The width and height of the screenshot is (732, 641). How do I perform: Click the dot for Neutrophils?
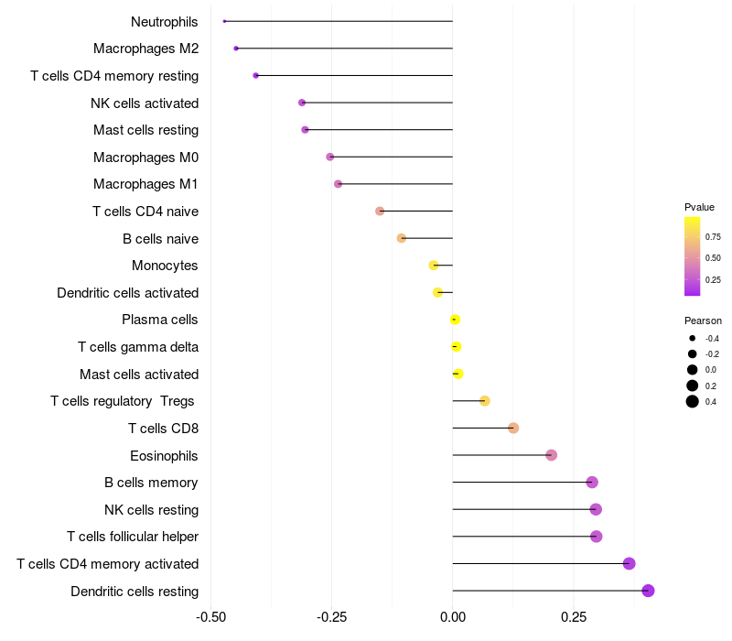[x=224, y=21]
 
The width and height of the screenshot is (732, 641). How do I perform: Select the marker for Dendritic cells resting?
[x=648, y=591]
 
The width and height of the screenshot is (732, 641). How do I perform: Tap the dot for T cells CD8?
[x=513, y=429]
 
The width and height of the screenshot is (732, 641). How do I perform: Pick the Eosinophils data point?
[x=551, y=455]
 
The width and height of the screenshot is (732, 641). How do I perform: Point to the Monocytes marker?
[x=434, y=266]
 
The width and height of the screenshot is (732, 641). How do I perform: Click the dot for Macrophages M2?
[x=236, y=49]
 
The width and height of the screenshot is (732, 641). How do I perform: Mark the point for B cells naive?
[x=401, y=238]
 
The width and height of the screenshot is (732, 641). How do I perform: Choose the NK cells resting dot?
[x=596, y=509]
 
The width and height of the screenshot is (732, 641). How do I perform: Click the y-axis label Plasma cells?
[x=160, y=320]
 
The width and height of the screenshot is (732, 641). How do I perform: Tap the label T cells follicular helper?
[x=133, y=537]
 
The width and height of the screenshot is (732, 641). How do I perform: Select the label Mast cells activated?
[x=139, y=375]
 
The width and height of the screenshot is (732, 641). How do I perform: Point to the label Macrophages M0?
[x=145, y=158]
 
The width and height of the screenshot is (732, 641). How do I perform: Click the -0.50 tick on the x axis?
[x=211, y=617]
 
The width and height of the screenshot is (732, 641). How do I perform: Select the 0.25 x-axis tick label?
[x=574, y=617]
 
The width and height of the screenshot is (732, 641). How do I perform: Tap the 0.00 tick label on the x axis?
[x=453, y=617]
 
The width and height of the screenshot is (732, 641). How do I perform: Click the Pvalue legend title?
[x=699, y=207]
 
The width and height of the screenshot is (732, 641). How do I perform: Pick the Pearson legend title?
[x=703, y=321]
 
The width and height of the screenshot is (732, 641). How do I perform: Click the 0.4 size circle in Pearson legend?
[x=693, y=401]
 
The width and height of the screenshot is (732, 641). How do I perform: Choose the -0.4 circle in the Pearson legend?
[x=693, y=339]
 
